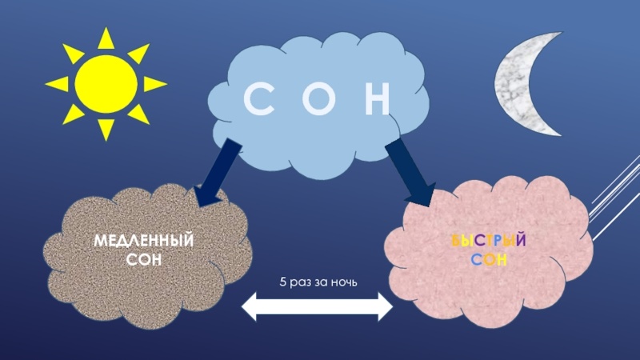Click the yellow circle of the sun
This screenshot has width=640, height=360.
click(106, 82)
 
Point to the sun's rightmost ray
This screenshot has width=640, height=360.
click(154, 83)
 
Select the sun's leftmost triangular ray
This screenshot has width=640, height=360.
click(57, 83)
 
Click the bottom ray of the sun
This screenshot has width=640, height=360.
click(106, 129)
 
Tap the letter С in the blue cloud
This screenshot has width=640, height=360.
click(258, 100)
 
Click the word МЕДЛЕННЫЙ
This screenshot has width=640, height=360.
click(145, 241)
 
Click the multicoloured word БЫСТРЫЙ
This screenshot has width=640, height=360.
click(488, 242)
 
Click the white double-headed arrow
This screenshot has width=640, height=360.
click(318, 306)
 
